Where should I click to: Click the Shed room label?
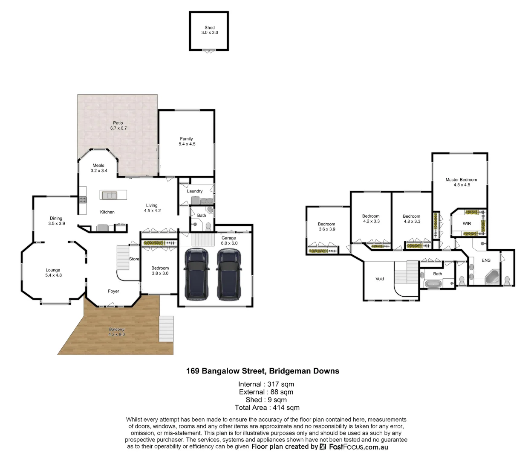point(209,30)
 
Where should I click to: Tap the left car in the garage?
point(196,274)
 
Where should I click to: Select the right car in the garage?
point(229,274)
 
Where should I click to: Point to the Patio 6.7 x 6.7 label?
point(118,125)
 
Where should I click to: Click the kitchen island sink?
point(109,195)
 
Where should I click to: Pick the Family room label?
point(187,141)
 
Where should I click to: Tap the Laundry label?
point(195,191)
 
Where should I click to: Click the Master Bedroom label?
point(462,182)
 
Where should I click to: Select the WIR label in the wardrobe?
point(467,223)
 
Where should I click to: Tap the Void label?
point(380,279)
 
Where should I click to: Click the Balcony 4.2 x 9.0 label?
point(116,332)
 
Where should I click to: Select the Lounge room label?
point(53,272)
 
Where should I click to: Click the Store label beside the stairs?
point(134,259)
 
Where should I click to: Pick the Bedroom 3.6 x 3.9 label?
point(327,227)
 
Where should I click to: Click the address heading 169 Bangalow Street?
point(263,371)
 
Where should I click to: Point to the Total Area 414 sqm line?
point(267,408)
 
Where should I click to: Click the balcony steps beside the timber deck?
point(166,329)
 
